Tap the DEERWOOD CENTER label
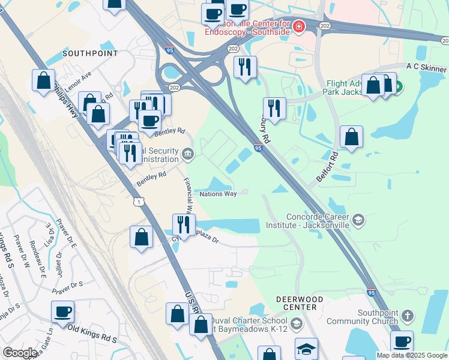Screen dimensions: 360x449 (300, 303)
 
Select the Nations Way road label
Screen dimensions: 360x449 (218, 194)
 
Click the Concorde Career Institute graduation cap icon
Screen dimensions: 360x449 (358, 220)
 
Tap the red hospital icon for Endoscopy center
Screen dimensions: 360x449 (298, 26)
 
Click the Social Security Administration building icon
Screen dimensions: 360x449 (188, 155)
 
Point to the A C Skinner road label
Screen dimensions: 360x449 (427, 67)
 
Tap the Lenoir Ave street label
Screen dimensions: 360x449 (77, 81)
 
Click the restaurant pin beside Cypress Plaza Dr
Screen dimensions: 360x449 (183, 224)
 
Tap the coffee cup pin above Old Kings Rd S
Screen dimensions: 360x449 (62, 311)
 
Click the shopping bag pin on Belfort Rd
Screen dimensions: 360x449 (351, 136)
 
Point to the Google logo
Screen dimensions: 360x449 (20, 353)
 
